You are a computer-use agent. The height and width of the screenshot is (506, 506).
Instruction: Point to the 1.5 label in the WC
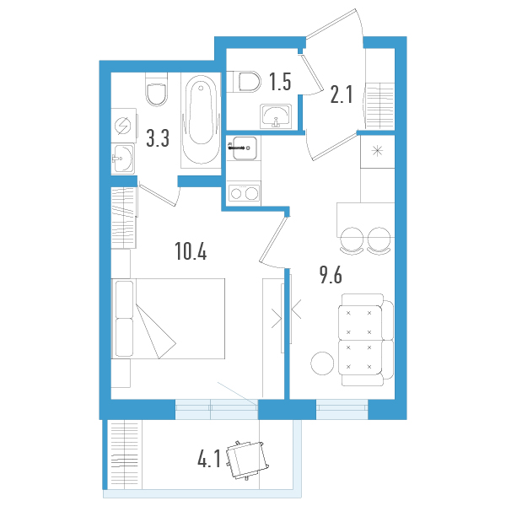[279, 82]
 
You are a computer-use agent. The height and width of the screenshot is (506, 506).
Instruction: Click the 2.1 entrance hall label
[340, 94]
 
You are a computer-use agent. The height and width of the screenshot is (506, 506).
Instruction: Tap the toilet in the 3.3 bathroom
[157, 92]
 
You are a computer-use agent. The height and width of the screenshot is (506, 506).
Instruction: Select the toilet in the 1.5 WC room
[247, 81]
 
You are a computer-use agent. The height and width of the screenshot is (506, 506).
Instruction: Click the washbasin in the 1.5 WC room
[276, 116]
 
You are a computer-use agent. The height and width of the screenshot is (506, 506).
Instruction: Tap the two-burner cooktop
[244, 193]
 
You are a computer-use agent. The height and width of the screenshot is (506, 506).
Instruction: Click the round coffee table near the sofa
[322, 363]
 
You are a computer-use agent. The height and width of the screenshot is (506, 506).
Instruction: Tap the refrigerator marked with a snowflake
[375, 151]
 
